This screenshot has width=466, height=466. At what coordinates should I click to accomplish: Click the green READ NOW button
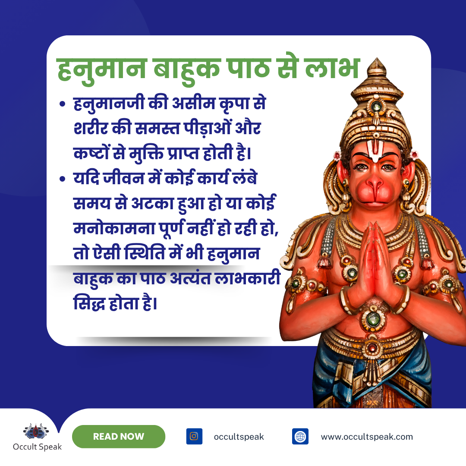click(119, 436)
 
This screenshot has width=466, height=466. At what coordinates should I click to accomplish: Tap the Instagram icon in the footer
click(194, 436)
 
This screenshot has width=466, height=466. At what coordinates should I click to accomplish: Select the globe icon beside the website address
click(300, 436)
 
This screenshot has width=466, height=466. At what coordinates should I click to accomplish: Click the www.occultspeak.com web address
click(367, 437)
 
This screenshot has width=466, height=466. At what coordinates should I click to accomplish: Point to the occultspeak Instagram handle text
click(239, 437)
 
